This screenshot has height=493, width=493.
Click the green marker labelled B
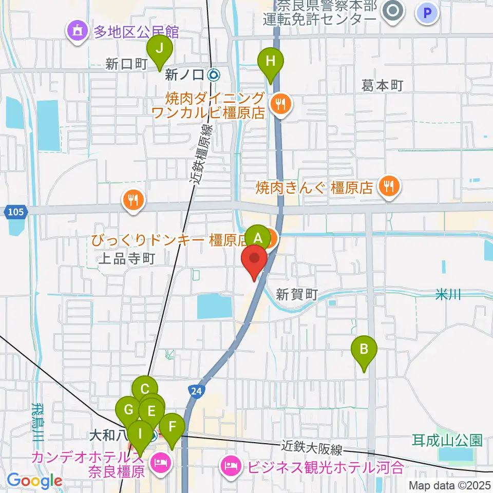click(364, 350)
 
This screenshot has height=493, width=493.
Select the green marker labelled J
click(159, 49)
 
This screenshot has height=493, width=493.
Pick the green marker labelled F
click(172, 426)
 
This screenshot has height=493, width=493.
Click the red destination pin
click(255, 257)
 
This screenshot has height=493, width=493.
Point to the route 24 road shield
click(196, 391)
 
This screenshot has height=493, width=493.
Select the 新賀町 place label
click(297, 294)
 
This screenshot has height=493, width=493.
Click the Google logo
click(34, 481)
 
